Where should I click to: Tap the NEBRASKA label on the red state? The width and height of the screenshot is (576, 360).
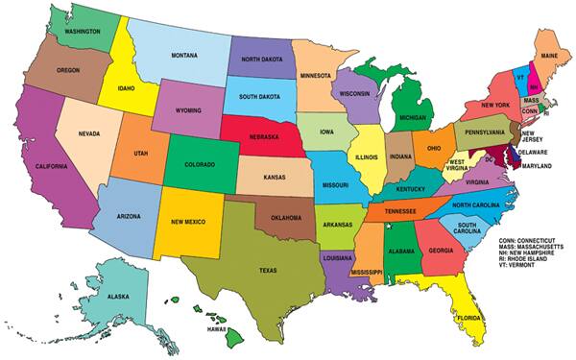point(258,137)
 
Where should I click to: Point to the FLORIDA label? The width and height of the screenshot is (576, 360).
point(470,316)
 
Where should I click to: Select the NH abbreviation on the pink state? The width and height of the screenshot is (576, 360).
point(534,86)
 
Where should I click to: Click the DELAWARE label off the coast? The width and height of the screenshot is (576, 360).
point(534,153)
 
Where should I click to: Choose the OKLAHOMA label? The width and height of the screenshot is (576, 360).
point(287,217)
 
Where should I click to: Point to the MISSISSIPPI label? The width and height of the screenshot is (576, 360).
point(366,273)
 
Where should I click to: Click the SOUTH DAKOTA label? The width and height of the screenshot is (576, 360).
point(260,96)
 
